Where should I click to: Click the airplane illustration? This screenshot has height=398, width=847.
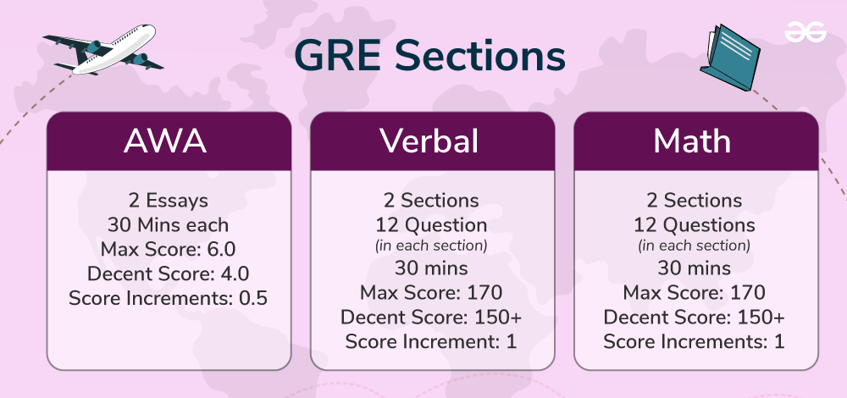[x=102, y=50]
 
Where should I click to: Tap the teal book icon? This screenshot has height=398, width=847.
[x=730, y=58]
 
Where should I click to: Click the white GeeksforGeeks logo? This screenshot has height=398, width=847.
[x=805, y=32]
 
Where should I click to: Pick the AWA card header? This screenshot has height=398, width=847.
[x=169, y=141]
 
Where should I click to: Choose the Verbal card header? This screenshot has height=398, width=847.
[x=432, y=141]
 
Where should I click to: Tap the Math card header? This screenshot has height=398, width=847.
[x=695, y=141]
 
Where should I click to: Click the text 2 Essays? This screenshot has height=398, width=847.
[x=169, y=201]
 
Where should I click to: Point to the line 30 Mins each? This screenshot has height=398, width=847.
[x=168, y=224]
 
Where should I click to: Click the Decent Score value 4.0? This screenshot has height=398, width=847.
[x=235, y=274]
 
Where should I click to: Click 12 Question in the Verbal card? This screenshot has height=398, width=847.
[x=432, y=224]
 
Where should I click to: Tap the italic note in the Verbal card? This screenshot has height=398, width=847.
[x=432, y=246]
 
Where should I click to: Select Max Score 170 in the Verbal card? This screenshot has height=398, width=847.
[x=431, y=293]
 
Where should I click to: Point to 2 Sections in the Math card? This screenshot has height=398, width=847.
[x=695, y=201]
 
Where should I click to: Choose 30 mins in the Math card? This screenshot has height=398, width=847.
[x=695, y=268]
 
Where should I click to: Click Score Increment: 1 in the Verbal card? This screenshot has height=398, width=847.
[x=431, y=341]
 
